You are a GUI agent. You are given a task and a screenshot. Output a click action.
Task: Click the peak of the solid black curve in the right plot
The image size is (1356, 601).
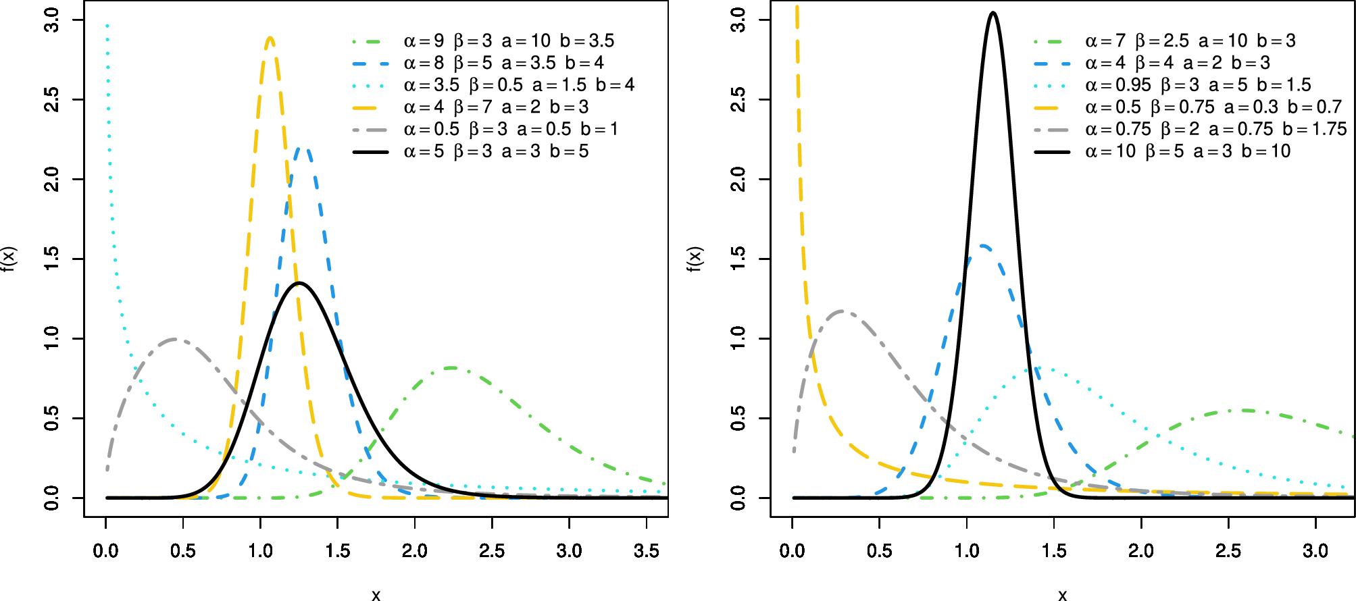click(x=993, y=13)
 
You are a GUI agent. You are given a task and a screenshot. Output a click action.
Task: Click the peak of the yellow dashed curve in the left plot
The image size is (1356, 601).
click(x=270, y=38)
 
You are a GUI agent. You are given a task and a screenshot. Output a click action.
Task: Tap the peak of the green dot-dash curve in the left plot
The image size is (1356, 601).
click(x=451, y=368)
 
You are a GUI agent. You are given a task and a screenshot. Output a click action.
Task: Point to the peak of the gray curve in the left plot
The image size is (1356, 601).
click(x=176, y=339)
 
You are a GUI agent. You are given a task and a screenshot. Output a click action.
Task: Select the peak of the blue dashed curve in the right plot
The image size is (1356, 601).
click(x=982, y=246)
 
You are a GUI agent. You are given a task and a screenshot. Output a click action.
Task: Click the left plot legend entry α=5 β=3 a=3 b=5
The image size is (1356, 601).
click(x=496, y=151)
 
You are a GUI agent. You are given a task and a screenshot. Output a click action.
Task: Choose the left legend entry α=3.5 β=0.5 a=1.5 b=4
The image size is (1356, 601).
click(x=519, y=85)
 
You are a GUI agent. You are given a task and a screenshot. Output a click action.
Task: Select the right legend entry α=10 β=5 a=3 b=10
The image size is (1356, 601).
click(x=1187, y=151)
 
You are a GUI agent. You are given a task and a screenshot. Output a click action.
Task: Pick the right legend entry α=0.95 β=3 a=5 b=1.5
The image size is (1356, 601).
click(x=1197, y=85)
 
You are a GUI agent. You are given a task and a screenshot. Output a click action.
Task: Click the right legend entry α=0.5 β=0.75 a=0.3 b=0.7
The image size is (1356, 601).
click(x=1213, y=107)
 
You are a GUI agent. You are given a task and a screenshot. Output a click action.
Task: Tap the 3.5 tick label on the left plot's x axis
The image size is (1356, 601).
click(x=647, y=551)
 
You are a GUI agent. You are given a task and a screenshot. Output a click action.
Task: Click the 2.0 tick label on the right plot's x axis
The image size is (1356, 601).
click(x=1141, y=551)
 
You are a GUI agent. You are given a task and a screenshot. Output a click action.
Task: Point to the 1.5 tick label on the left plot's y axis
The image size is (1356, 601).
click(x=52, y=259)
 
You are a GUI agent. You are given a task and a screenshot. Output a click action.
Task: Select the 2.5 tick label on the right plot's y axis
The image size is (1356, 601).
click(x=738, y=100)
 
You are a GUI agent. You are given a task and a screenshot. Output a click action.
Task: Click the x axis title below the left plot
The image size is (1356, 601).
click(x=376, y=594)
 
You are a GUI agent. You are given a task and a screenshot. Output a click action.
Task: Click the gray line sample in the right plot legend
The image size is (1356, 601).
click(x=1051, y=130)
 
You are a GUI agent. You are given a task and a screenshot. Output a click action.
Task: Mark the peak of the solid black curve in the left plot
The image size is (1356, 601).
click(x=299, y=283)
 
